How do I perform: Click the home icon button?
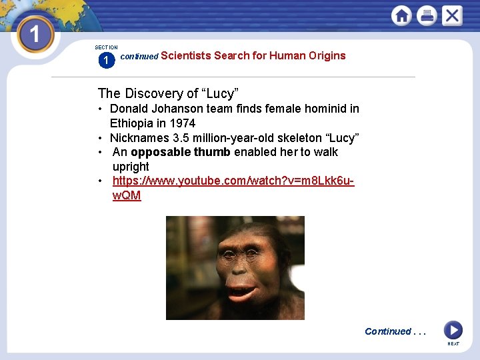(401, 15)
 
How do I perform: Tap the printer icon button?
(427, 15)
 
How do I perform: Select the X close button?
(452, 15)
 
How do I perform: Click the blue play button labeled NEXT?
(453, 330)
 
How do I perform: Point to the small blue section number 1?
(105, 61)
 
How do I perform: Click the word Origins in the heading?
(327, 55)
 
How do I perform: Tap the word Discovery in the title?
(155, 93)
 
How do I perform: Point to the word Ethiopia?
(131, 123)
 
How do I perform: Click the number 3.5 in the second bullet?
(180, 138)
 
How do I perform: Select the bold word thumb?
(212, 152)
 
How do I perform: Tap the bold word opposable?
(161, 152)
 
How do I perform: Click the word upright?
(131, 167)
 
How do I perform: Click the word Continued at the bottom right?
(387, 331)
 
